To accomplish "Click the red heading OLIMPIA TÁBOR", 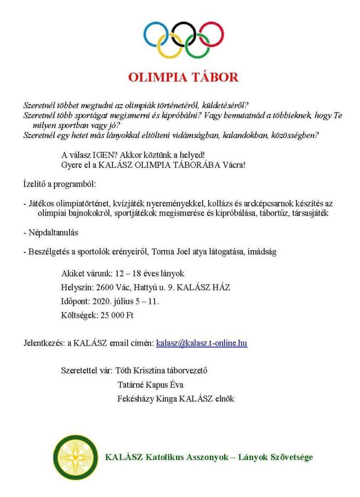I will [183, 77].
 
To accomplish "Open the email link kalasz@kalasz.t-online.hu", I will [201, 343].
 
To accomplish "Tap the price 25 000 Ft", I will [114, 315].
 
